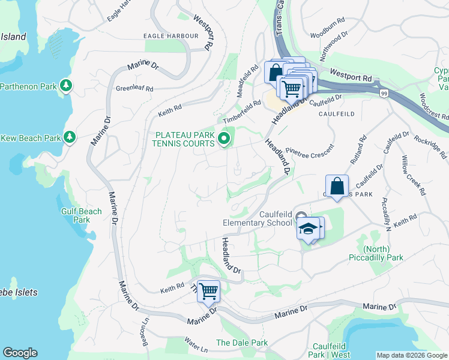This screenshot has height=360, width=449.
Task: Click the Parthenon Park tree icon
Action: [x=66, y=86]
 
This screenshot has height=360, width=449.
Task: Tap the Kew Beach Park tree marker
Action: [x=70, y=138]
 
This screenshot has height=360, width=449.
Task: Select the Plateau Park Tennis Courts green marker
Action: [x=224, y=140]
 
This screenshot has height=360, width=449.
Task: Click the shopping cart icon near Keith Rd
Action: [x=208, y=292]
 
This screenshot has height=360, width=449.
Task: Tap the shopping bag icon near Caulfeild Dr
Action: [x=337, y=186]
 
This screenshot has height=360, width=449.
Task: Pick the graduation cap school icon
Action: [x=308, y=229]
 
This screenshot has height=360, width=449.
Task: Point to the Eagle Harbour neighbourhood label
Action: [x=170, y=36]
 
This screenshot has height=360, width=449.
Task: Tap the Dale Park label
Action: [x=241, y=343]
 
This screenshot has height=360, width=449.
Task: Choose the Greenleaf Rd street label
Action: [x=134, y=88]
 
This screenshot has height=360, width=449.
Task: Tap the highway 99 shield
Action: [x=383, y=93]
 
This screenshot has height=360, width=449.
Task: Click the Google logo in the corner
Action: [x=20, y=353]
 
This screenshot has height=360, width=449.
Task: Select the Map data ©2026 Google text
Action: [x=412, y=355]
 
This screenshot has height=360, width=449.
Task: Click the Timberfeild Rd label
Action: [x=242, y=111]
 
